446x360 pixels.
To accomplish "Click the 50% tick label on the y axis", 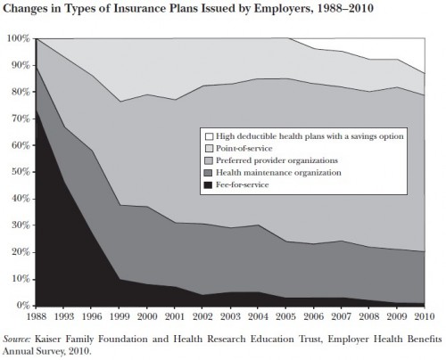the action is coord(21,172).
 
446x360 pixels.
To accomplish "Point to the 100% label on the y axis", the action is coord(19,38).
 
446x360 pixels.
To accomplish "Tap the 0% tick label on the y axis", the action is coord(23,306).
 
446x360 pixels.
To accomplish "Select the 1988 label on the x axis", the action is coord(37,316).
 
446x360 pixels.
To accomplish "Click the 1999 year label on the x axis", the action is coord(120,316).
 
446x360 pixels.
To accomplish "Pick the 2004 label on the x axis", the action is coord(258,316).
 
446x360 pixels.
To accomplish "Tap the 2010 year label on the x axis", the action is coord(425,316).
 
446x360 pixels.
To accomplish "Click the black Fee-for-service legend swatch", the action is coord(209,185).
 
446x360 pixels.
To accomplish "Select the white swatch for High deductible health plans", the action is coord(209,136).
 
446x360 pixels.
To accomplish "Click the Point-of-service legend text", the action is coord(244,148).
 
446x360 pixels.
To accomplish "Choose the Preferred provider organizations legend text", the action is coord(277,160).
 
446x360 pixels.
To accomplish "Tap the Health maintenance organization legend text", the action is coord(278,173).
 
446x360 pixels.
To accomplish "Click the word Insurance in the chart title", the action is coord(139,8).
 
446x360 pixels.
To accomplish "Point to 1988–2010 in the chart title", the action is coord(345,8).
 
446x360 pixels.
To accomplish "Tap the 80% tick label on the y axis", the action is coord(21,92).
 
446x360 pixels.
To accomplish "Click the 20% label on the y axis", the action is coord(21,252).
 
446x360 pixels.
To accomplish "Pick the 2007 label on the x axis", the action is coord(341,316).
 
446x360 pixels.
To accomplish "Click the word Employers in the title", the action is coord(281,9).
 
